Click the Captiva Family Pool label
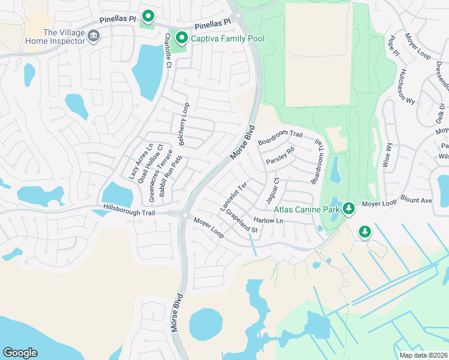[x=228, y=38]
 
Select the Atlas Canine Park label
[x=307, y=209]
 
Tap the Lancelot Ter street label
[x=234, y=197]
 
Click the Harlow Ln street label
[x=268, y=221]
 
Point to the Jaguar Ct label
[x=273, y=189]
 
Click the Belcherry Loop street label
[x=184, y=124]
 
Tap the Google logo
[x=19, y=353]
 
